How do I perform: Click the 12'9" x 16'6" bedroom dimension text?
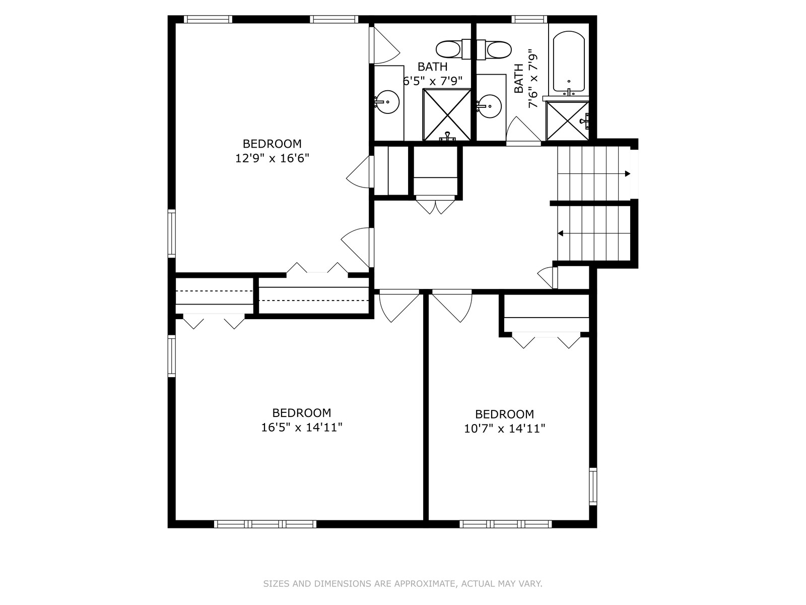pos(272,158)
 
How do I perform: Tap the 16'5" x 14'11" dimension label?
pos(302,428)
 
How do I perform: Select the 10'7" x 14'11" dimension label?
pos(505,429)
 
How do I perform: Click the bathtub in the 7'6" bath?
pos(569,62)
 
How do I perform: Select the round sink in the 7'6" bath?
pos(490,106)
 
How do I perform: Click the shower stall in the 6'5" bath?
pos(447,114)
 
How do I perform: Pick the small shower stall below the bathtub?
pos(567,121)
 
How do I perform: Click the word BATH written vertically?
pos(518,78)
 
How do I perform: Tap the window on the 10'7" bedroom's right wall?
pos(592,487)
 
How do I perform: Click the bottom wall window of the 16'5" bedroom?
pos(265,524)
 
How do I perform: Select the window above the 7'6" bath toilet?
pos(529,19)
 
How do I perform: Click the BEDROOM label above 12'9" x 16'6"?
pos(272,144)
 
